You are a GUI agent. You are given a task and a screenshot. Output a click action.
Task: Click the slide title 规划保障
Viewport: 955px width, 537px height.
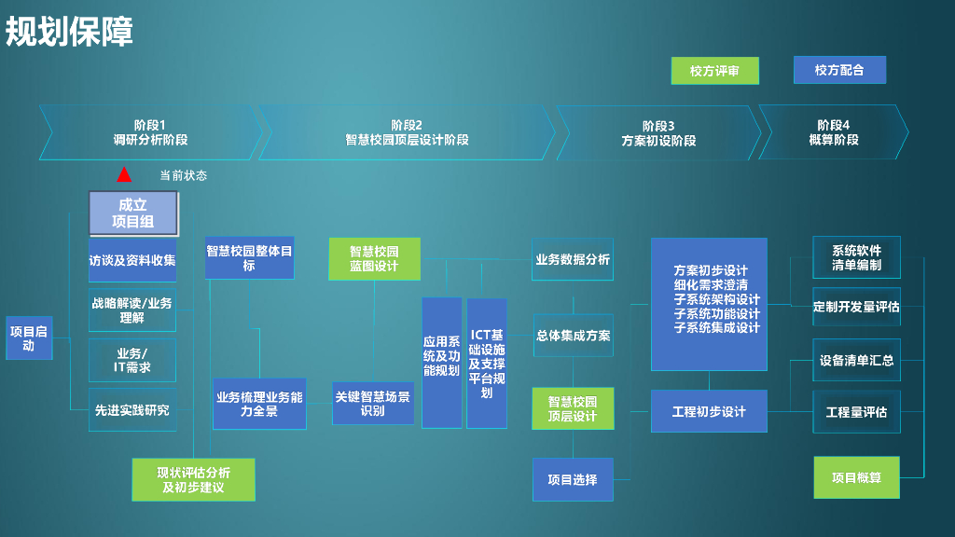[69, 32]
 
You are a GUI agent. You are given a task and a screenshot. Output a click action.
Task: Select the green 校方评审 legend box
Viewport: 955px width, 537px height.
[714, 71]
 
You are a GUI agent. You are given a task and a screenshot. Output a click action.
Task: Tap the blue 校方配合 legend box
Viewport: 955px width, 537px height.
[839, 70]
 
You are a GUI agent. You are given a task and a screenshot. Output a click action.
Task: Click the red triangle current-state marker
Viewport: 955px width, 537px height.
[124, 174]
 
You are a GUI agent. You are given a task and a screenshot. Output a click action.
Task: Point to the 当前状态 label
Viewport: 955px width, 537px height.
[183, 175]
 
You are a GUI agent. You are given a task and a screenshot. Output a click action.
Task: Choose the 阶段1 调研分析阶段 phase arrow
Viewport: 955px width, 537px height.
[149, 132]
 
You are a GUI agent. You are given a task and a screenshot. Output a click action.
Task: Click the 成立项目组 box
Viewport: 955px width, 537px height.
[133, 213]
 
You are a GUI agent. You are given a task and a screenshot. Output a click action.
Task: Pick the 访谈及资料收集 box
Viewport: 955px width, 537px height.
[132, 260]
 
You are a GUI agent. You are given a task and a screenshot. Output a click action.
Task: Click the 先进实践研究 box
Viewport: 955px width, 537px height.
[132, 409]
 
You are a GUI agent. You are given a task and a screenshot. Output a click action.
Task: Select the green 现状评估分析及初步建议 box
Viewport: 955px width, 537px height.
[193, 479]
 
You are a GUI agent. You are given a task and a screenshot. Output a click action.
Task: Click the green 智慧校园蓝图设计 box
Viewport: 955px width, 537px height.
[374, 258]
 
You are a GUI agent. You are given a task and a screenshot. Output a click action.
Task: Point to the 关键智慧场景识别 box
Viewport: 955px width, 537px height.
[372, 404]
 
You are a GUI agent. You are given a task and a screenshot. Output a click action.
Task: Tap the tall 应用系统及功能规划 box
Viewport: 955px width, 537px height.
[441, 363]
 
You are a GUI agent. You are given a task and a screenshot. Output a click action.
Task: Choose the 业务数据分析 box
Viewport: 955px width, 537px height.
[573, 260]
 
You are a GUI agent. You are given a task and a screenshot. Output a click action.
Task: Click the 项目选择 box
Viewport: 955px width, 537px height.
[573, 479]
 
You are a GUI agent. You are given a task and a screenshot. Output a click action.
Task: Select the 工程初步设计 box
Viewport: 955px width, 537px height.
[709, 411]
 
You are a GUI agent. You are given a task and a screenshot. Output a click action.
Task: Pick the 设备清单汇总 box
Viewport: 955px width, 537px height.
[856, 360]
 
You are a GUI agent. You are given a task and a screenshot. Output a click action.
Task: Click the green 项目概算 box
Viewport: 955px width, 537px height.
[856, 477]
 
